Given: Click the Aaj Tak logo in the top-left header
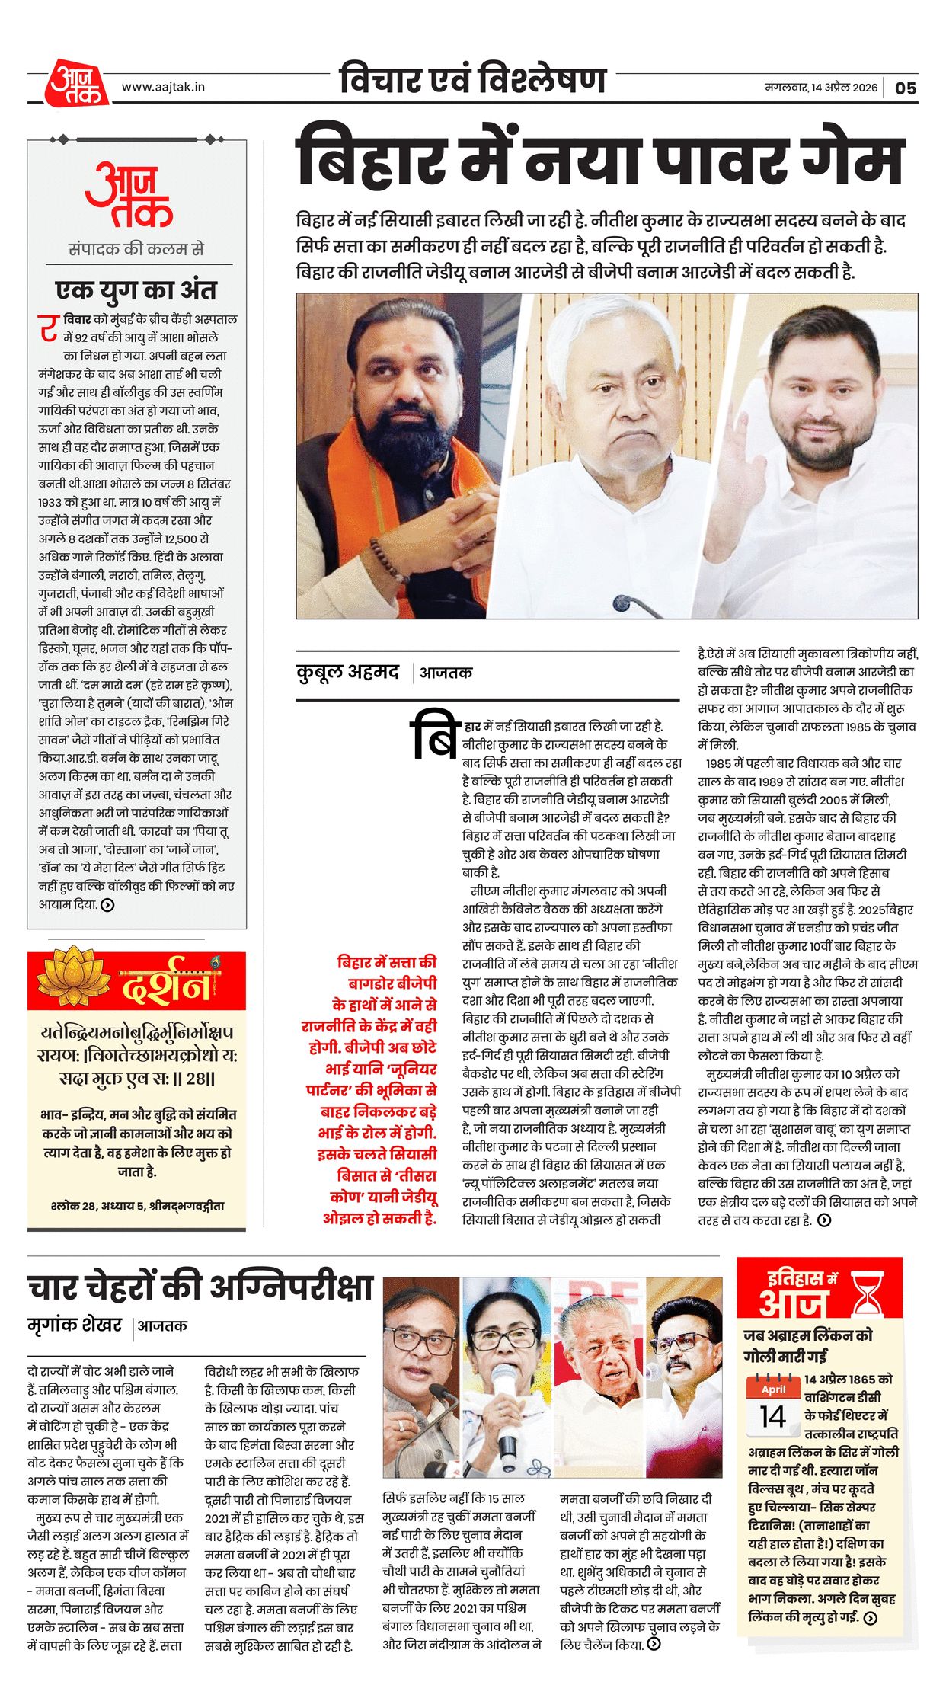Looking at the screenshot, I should coord(76,83).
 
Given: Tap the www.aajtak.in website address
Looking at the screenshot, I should coord(163,87).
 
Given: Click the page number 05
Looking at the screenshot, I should coord(905,88).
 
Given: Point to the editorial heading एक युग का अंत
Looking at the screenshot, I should coord(136,290).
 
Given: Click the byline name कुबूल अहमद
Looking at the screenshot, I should coord(347,672).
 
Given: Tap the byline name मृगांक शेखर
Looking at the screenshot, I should coord(75,1325).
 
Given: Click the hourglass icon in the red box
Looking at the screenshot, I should coord(868,1293).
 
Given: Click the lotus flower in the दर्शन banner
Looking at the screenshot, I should coord(73,978).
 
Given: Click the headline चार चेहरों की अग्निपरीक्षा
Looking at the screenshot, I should coord(200,1287).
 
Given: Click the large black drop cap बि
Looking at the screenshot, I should coord(433,736).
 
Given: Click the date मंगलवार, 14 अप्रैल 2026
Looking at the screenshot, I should coord(821,88).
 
